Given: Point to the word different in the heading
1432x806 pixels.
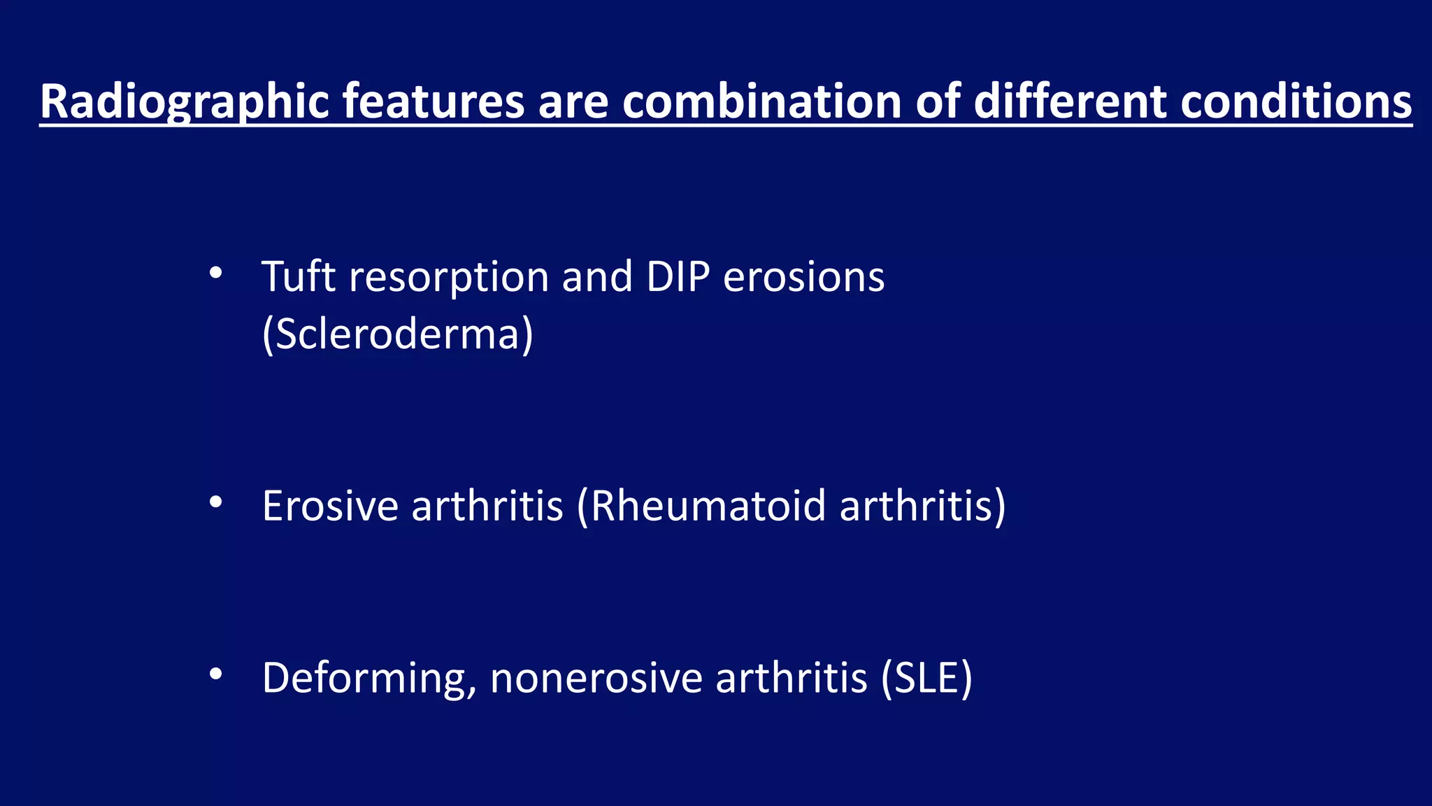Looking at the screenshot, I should pos(1068,101).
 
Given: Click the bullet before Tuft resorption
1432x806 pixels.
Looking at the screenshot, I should pos(215,273).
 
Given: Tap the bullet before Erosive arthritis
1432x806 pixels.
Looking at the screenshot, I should pos(215,502).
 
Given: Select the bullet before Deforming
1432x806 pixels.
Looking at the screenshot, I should pos(215,674).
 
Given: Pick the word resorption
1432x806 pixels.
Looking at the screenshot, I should pos(448,278).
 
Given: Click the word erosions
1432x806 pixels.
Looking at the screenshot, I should pos(803,276).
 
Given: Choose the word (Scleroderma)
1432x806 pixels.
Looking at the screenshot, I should pos(397,334).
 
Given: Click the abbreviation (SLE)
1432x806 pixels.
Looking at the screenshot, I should pos(926,677).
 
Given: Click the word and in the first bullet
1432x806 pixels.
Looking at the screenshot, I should pos(597,276).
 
